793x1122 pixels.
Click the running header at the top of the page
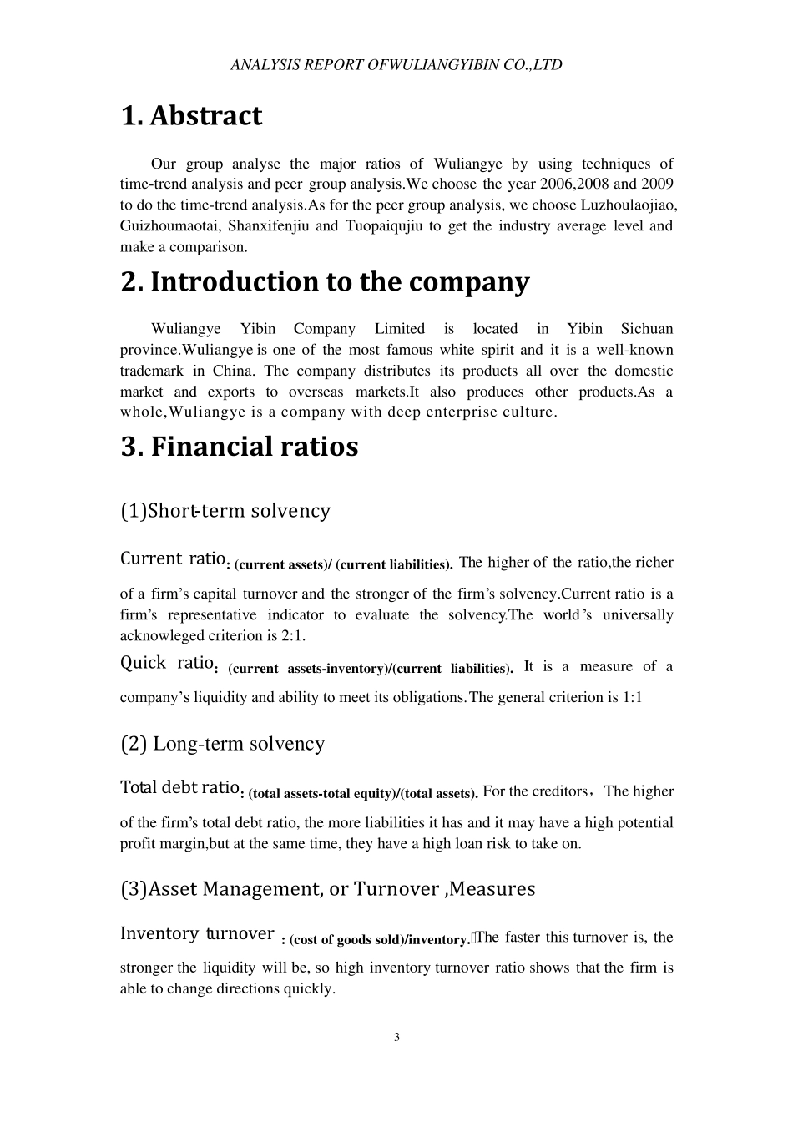click(396, 64)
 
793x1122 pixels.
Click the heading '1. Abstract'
click(191, 116)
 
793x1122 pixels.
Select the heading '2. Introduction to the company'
click(325, 282)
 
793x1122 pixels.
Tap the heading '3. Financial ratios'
click(240, 447)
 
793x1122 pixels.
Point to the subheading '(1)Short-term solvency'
click(225, 511)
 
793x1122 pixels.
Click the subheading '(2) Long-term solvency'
click(223, 744)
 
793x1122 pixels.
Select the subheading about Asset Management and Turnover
click(328, 889)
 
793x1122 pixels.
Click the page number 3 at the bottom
click(396, 1038)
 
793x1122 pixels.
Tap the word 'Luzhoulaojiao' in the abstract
click(635, 205)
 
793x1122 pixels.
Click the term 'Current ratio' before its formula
click(174, 558)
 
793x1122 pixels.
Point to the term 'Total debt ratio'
click(180, 787)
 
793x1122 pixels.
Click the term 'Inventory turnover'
click(197, 933)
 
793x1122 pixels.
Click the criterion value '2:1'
click(291, 636)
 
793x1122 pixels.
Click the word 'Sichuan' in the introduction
click(647, 329)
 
